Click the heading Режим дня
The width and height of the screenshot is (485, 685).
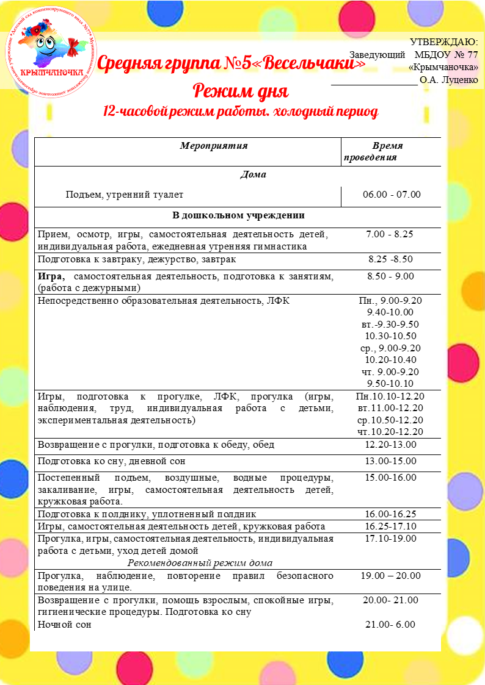[x=240, y=91]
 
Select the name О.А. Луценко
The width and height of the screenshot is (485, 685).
[x=449, y=79]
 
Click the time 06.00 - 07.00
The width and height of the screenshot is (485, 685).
[x=392, y=195]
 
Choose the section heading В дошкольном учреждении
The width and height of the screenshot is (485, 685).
[x=238, y=216]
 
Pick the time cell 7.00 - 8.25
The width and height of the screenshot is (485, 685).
[x=391, y=234]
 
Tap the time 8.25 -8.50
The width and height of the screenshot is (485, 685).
[x=391, y=259]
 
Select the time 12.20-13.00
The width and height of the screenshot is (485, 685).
[x=391, y=445]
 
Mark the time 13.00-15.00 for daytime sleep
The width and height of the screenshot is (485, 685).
[x=391, y=461]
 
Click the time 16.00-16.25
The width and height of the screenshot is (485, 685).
[x=391, y=514]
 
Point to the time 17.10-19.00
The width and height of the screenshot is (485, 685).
[x=391, y=538]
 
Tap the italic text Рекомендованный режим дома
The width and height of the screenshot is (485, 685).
[x=201, y=562]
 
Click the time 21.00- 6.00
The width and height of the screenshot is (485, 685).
[x=391, y=625]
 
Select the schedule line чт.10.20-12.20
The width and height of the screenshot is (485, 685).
[x=391, y=432]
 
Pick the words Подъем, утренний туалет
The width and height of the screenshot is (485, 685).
[x=125, y=195]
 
